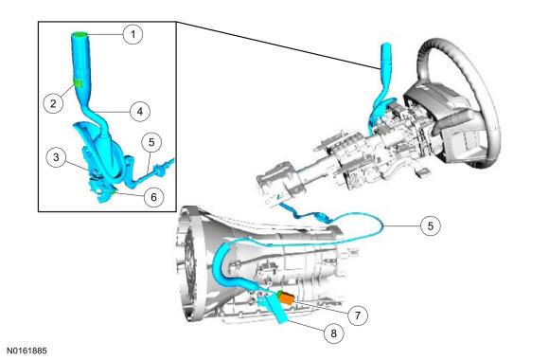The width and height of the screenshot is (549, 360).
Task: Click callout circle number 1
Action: [133, 34]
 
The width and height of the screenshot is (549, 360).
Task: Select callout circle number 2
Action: [53, 103]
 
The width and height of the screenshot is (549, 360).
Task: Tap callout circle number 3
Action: [57, 157]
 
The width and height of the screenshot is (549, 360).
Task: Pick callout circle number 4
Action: [140, 112]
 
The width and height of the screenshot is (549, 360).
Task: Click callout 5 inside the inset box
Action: [151, 142]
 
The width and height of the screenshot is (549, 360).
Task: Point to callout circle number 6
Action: [154, 197]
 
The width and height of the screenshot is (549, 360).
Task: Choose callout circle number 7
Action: [358, 315]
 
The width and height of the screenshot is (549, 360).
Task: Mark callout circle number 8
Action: [334, 333]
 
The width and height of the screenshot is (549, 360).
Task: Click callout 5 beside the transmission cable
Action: [431, 225]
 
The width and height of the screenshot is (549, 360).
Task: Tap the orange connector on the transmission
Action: [285, 299]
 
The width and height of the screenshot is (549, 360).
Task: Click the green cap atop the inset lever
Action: [80, 34]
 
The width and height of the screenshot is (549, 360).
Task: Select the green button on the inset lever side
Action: [78, 83]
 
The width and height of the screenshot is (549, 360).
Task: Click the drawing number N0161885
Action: [27, 351]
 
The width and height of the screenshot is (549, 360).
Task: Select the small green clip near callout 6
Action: [114, 191]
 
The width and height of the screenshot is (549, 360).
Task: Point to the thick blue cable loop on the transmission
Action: [220, 266]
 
